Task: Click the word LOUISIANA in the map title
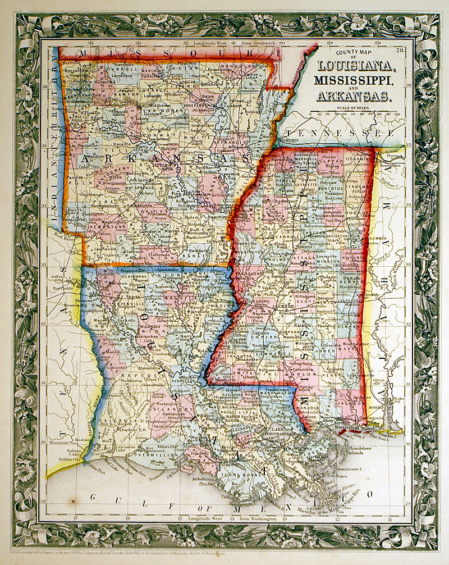354,67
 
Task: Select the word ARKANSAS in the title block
352,96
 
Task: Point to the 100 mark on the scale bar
397,113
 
